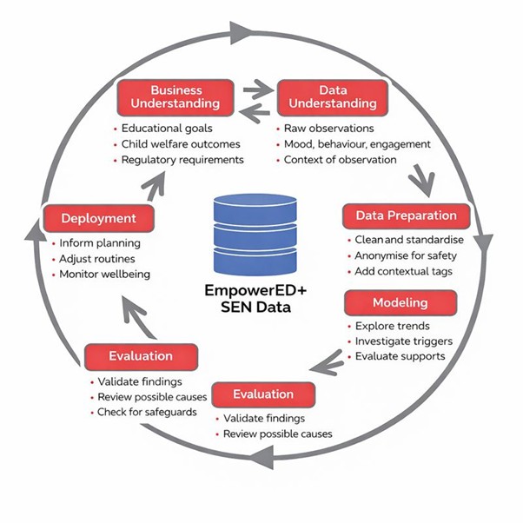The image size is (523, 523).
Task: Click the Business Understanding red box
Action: coord(176,96)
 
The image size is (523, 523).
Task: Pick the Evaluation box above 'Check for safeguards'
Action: coord(141,355)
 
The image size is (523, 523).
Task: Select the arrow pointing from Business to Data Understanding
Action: coord(257,89)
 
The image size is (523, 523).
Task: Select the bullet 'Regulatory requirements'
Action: coord(182,160)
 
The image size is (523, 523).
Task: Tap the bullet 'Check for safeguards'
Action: coord(146,411)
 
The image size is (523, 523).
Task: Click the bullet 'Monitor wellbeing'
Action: coord(104,275)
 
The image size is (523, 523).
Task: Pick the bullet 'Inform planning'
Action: coord(99,243)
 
